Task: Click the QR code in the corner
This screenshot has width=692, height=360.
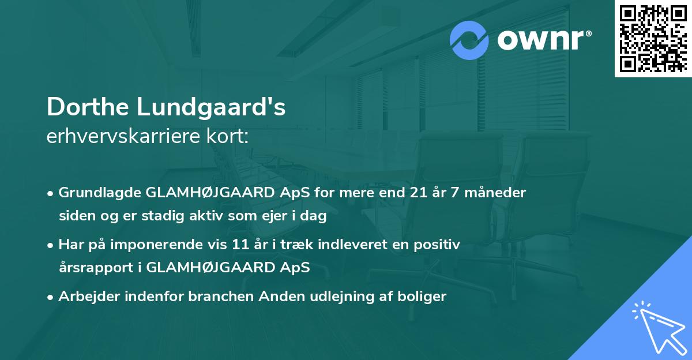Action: tap(653, 38)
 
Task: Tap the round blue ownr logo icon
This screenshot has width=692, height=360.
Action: tap(469, 40)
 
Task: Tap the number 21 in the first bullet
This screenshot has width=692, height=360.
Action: tap(415, 193)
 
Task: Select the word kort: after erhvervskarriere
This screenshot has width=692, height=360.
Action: tap(231, 137)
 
